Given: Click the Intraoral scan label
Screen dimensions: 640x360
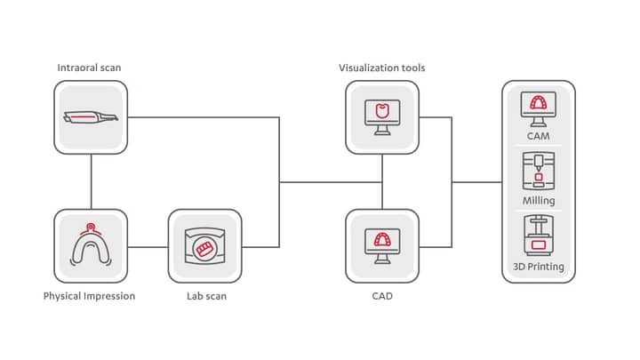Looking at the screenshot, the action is [89, 68].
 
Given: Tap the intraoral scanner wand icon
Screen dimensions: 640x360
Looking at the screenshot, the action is [91, 117].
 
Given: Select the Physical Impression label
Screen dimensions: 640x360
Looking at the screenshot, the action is [89, 296].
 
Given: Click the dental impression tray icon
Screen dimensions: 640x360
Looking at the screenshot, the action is [91, 245].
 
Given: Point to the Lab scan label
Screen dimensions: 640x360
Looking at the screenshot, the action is [206, 296].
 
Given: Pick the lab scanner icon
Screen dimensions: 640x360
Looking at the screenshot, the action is [205, 246].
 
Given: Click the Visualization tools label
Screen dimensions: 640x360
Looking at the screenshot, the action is [382, 68].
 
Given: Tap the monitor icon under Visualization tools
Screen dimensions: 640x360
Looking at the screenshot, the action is [382, 117].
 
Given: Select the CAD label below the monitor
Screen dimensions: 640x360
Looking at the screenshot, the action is [382, 296].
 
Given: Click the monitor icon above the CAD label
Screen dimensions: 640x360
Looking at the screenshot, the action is [382, 246].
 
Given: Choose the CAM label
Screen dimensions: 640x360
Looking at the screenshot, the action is [539, 136].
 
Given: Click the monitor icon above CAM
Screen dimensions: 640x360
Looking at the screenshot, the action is [539, 109].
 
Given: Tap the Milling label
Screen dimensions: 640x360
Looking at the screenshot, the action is [539, 200].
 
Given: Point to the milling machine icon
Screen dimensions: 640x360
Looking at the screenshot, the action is [539, 171].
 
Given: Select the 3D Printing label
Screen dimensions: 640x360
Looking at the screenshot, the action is [539, 267].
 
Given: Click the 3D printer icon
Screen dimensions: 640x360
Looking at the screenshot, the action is [539, 235].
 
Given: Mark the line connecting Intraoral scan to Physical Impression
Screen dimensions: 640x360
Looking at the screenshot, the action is [91, 181].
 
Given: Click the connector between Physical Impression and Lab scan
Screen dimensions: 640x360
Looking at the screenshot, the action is [148, 247].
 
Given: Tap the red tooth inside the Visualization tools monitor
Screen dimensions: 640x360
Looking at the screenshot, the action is [382, 111].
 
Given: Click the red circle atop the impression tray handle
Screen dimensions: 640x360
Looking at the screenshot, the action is [90, 227].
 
